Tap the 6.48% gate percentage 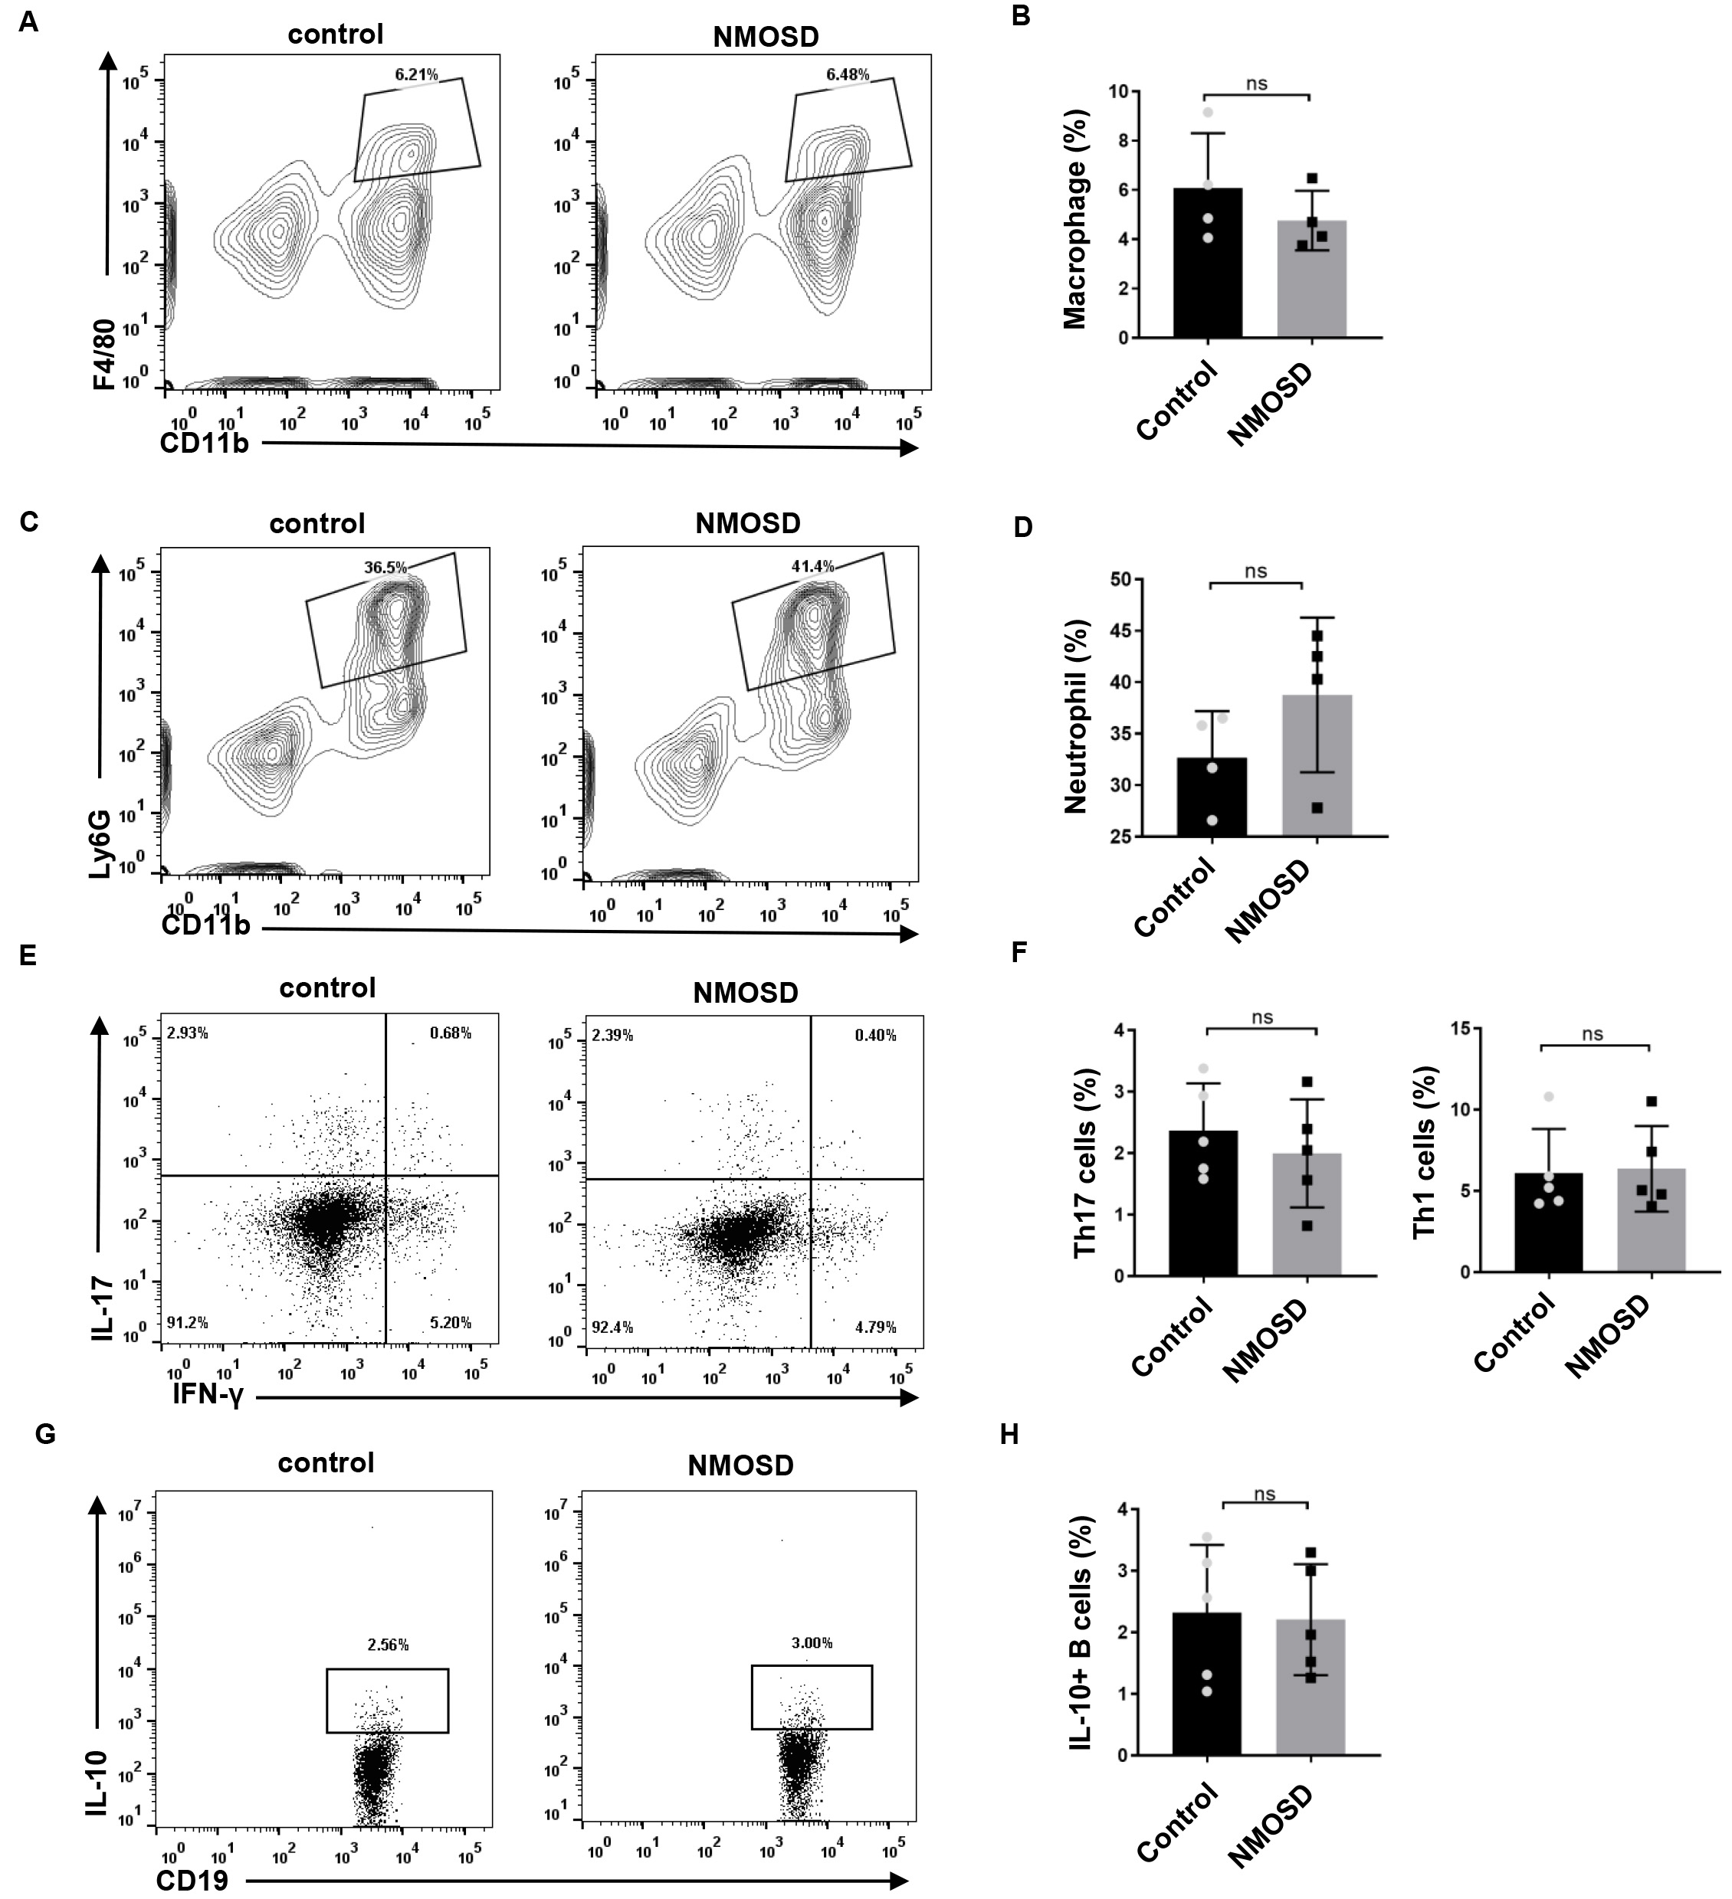(847, 74)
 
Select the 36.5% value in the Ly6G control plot (385, 568)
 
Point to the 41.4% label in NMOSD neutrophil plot (812, 566)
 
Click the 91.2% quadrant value (188, 1322)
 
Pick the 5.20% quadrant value (450, 1322)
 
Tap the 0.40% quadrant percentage (874, 1035)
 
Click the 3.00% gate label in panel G (812, 1643)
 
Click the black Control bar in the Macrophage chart (1207, 264)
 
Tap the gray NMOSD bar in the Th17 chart (1307, 1214)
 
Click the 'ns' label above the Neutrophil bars (1255, 571)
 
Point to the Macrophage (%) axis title (1075, 218)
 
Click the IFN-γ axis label (208, 1395)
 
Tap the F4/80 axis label (103, 354)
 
